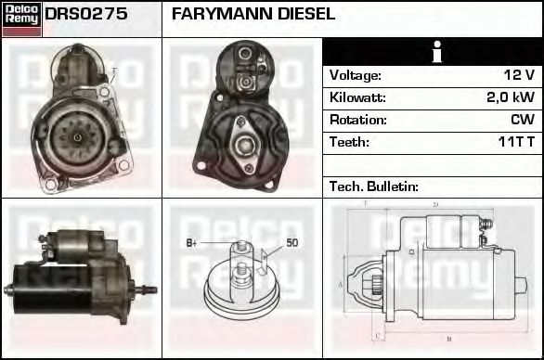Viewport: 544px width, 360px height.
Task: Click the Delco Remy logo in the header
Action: (21, 18)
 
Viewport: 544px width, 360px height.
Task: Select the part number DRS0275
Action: (86, 15)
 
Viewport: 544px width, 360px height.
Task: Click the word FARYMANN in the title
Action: (217, 15)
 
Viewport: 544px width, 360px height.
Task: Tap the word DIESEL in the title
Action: (302, 15)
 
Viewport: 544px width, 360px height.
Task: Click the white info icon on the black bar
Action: (434, 52)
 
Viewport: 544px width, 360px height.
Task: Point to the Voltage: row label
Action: (356, 75)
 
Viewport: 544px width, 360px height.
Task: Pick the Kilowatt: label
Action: (358, 97)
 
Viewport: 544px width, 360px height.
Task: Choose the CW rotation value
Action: (523, 120)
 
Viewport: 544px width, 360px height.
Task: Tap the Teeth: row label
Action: (349, 142)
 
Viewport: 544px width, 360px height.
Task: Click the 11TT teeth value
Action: (514, 142)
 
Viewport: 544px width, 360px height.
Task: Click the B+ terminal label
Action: (192, 243)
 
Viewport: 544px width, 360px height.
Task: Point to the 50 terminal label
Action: (291, 243)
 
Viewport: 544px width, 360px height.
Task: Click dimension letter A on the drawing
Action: (341, 283)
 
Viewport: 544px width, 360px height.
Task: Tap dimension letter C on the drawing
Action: (376, 335)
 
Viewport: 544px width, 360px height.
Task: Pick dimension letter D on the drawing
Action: (434, 204)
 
